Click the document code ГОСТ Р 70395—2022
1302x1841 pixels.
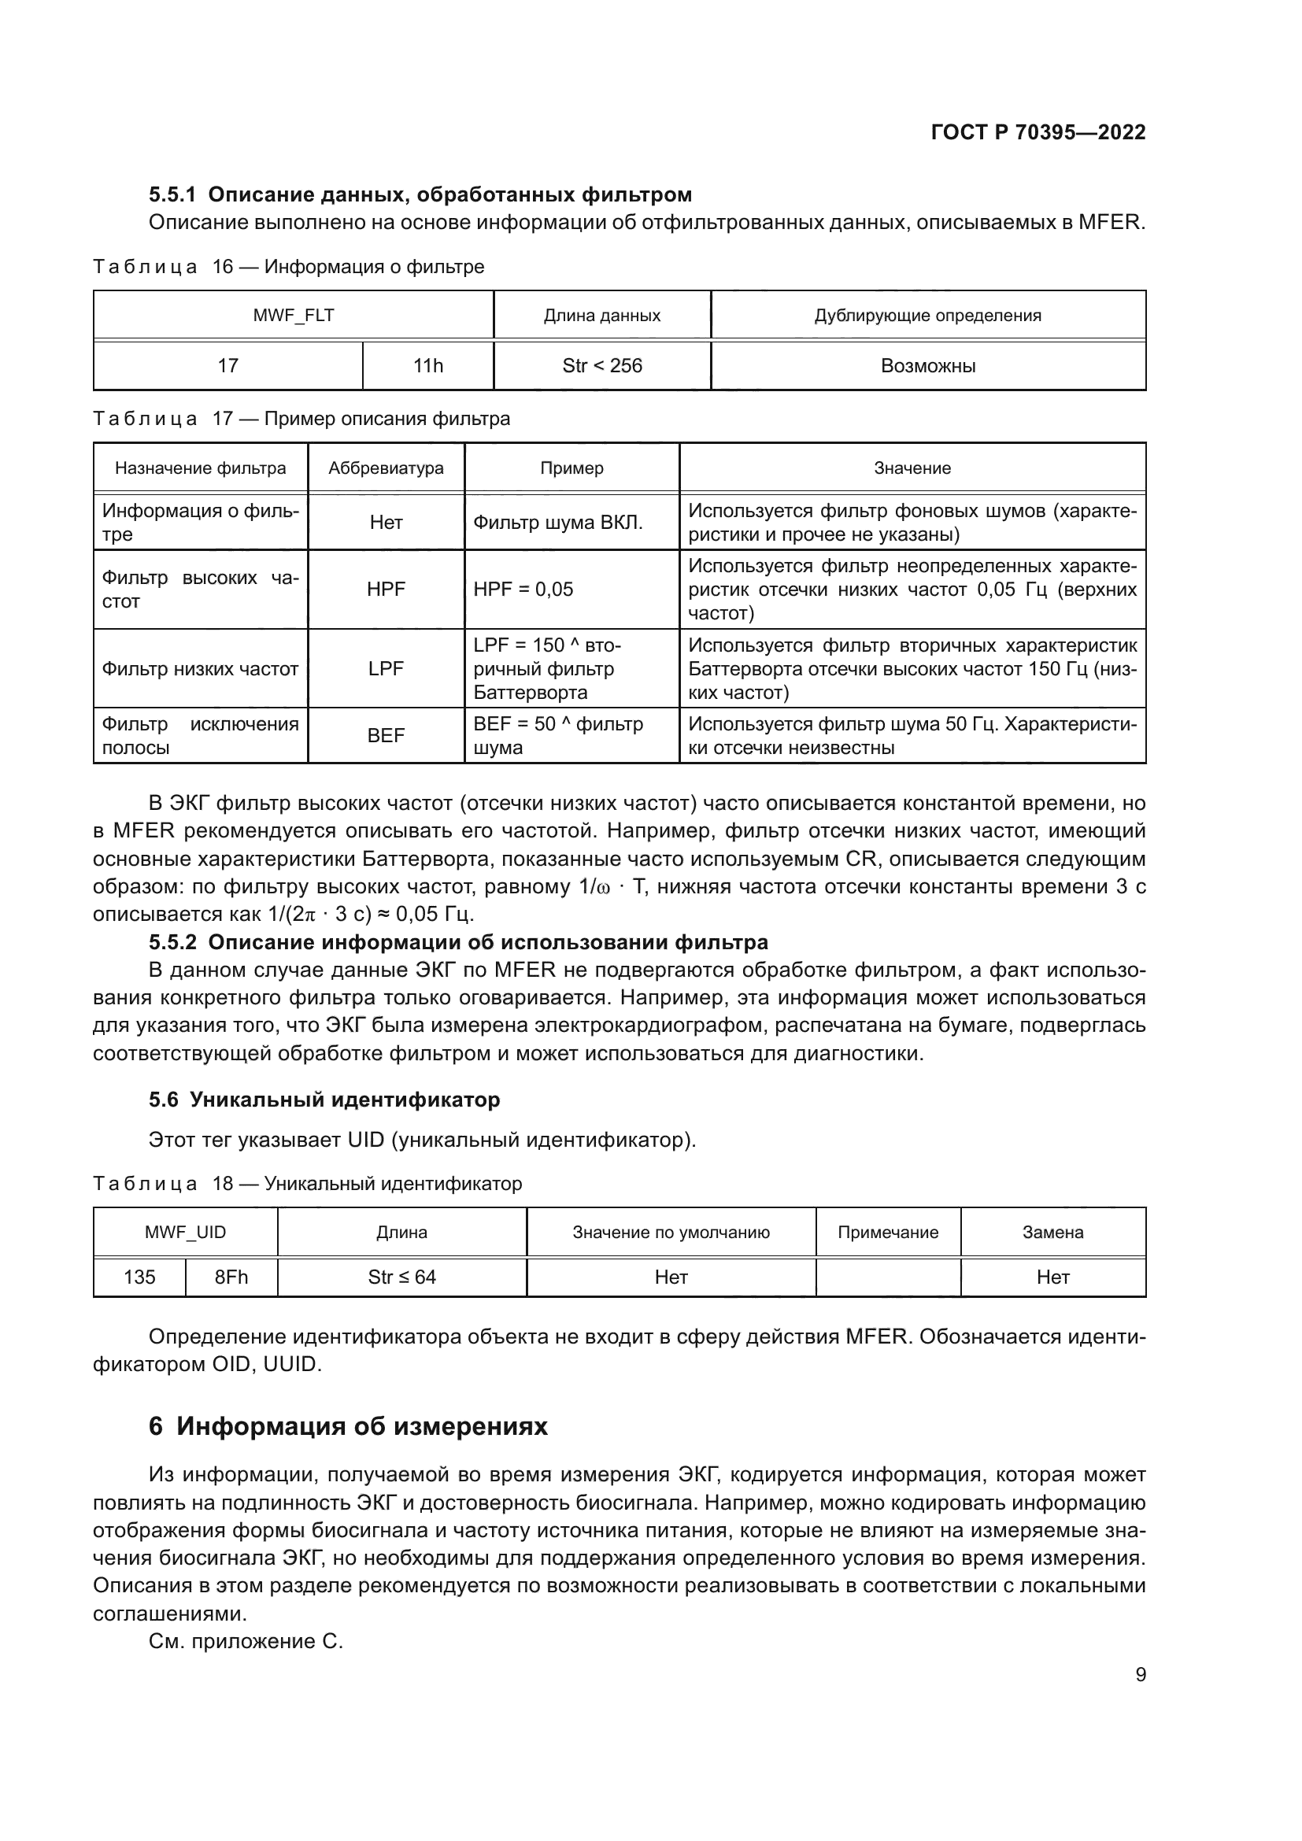coord(1038,132)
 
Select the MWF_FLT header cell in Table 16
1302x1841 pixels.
coord(294,315)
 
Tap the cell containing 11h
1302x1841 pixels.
coord(427,367)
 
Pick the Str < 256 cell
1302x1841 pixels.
coord(602,367)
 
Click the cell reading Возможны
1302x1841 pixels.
coord(927,367)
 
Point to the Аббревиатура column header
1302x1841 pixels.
coord(386,468)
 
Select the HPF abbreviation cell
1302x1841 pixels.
coord(386,590)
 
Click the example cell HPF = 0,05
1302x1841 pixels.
coord(523,590)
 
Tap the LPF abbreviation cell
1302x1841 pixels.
coord(386,669)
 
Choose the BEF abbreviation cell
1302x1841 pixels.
coord(386,735)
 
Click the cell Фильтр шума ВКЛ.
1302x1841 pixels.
coord(558,523)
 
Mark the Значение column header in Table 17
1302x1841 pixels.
coord(912,468)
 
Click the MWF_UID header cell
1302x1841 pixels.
coord(185,1233)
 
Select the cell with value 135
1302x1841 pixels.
coord(139,1277)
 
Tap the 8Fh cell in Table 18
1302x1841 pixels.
coord(231,1277)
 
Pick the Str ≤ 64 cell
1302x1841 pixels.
coord(401,1277)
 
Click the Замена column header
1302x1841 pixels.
coord(1052,1233)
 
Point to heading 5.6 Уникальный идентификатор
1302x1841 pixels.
coord(324,1100)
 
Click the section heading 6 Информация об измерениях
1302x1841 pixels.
coord(348,1426)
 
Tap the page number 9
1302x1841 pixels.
coord(1140,1674)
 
